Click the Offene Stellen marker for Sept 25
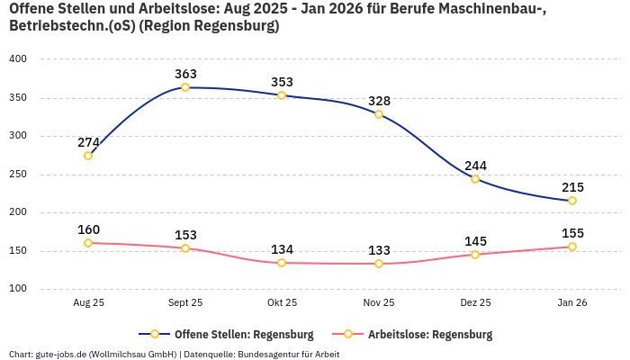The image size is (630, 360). point(185,87)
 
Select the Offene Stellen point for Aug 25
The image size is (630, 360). point(88,156)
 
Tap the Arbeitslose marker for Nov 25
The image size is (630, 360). point(379,264)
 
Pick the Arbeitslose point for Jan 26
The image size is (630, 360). point(572,247)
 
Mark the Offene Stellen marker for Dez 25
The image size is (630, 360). point(475,178)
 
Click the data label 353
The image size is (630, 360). point(282,82)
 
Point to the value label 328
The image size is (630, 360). point(379,101)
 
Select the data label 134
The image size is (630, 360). point(282,249)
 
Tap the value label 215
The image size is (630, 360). point(572,187)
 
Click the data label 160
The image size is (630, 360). point(88,229)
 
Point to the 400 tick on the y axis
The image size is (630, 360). point(18,59)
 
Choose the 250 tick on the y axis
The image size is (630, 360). point(18,175)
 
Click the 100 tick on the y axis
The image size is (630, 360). point(18,289)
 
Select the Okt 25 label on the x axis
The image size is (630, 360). point(282,303)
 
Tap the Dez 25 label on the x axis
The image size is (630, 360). point(475,303)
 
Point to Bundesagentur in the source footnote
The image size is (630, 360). point(267,354)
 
